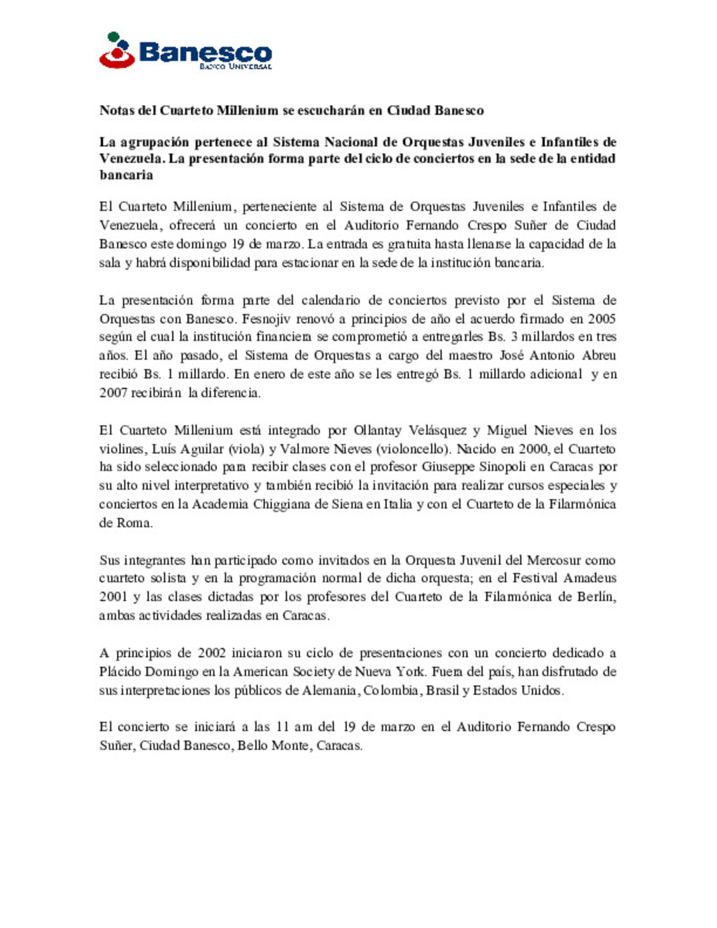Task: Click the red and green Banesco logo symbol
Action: [x=117, y=50]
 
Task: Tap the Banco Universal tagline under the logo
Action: [x=236, y=66]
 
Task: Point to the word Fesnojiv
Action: [x=266, y=319]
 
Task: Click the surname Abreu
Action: [x=599, y=355]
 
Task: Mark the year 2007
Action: [x=113, y=392]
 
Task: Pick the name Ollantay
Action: [x=378, y=430]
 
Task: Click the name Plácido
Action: [x=119, y=671]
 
